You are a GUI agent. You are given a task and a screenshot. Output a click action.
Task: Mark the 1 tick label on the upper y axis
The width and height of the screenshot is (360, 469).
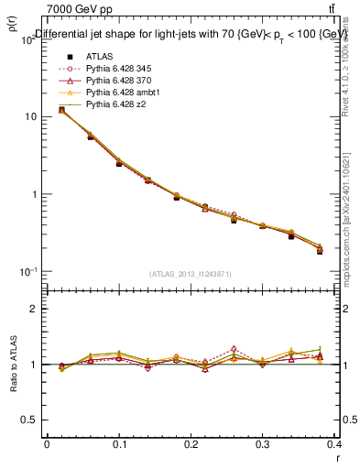[33, 194]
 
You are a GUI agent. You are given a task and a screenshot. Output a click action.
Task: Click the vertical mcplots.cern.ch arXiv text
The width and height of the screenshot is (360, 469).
[351, 211]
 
